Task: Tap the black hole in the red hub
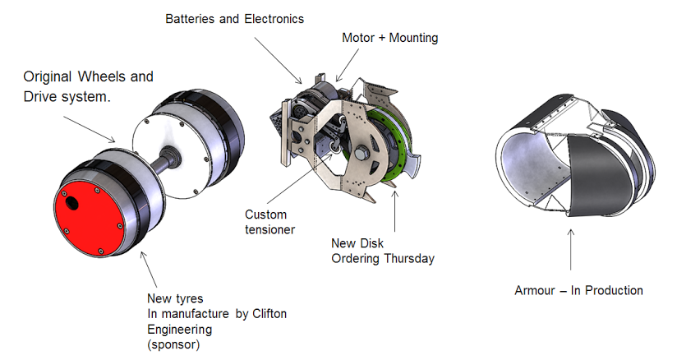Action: (x=71, y=202)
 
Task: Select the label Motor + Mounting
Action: (x=390, y=38)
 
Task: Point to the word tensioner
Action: (x=269, y=229)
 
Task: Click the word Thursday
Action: (x=409, y=258)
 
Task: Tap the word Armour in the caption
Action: (x=535, y=290)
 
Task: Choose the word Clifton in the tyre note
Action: (x=269, y=314)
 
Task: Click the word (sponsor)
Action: (x=173, y=345)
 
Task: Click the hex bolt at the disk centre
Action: (x=360, y=154)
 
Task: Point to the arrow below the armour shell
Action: (x=571, y=250)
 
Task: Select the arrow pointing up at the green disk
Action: (x=394, y=211)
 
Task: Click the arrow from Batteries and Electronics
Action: (x=278, y=61)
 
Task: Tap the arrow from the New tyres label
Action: (x=149, y=270)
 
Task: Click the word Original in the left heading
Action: (x=48, y=77)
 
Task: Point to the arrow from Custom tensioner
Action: (x=300, y=178)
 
